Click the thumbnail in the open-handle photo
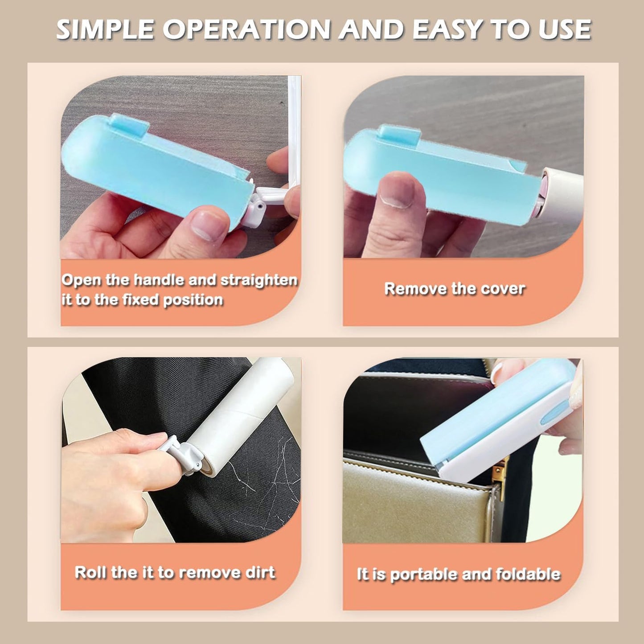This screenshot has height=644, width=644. (208, 223)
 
